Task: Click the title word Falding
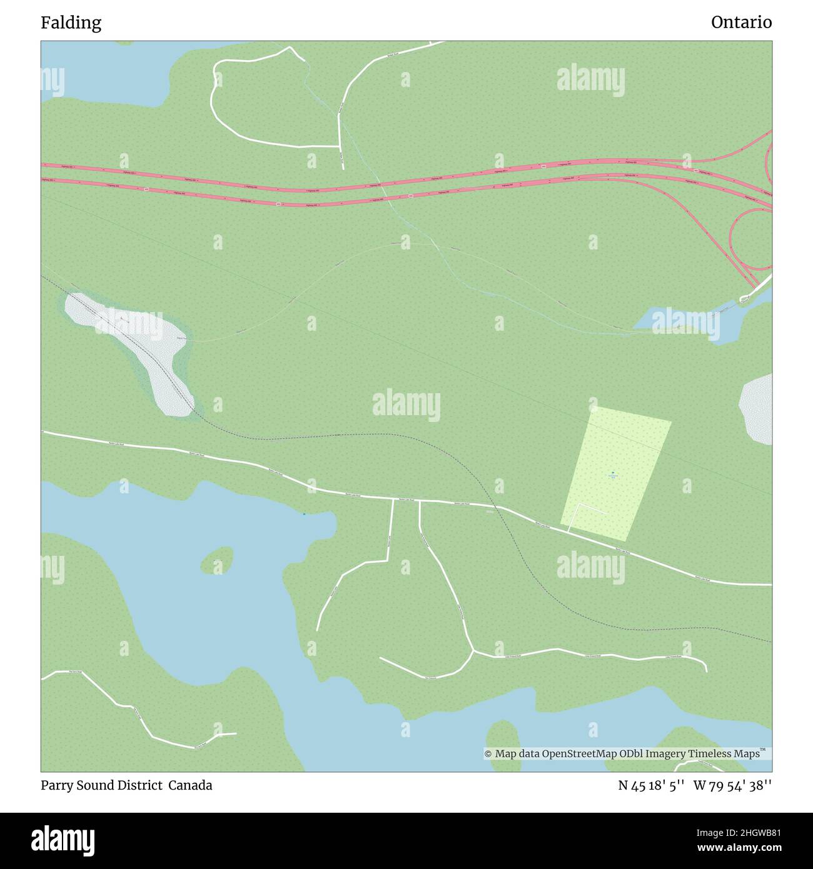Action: (x=71, y=23)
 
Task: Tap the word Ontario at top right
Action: (x=741, y=23)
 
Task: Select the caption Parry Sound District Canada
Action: (x=126, y=785)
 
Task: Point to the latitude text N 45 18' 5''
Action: (x=652, y=785)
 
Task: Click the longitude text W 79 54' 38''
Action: (x=732, y=785)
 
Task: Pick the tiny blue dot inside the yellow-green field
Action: (x=613, y=473)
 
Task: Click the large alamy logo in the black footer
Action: (x=63, y=840)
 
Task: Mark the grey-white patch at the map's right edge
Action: (x=757, y=409)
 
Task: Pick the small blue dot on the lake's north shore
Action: (x=305, y=514)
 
